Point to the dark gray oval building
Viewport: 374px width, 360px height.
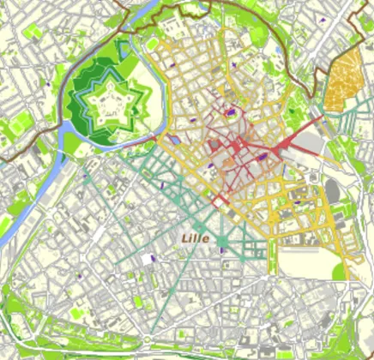[333, 191]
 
